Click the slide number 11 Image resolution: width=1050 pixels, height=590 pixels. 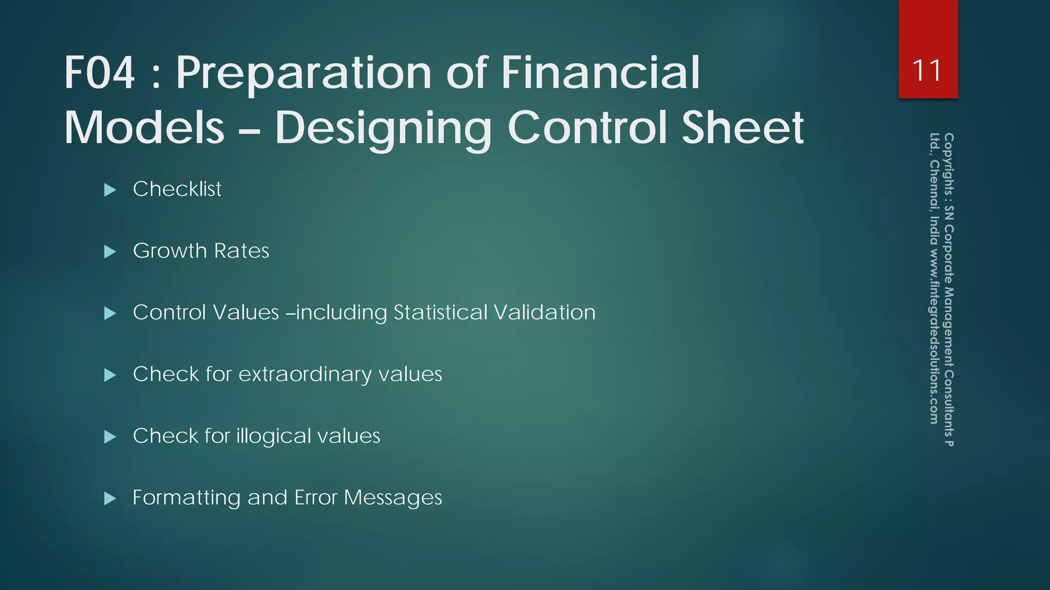point(927,71)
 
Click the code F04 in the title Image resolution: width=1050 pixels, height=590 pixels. point(99,73)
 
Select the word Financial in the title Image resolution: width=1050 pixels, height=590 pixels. point(600,73)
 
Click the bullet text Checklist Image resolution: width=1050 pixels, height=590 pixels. point(177,189)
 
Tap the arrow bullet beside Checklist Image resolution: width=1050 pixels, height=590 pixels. point(110,190)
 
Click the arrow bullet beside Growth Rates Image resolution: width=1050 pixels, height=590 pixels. point(110,251)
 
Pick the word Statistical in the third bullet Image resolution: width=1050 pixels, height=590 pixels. point(440,312)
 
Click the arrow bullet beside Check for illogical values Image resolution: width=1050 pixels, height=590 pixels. point(110,437)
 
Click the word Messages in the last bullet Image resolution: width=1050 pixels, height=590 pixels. point(393,498)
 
